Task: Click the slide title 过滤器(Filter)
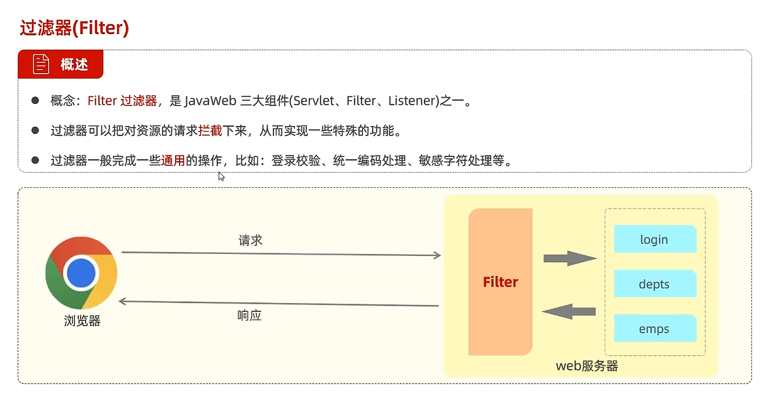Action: tap(74, 28)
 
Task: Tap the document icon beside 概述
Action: tap(41, 64)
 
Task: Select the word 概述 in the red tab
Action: tap(74, 64)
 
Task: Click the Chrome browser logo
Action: tap(81, 273)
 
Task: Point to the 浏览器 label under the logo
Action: tap(82, 321)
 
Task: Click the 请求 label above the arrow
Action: tap(250, 240)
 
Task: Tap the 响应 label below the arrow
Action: tap(249, 315)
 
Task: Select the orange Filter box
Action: tap(500, 282)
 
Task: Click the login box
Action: tap(654, 239)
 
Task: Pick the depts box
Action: tap(654, 284)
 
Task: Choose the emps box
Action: tap(654, 329)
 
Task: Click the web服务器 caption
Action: tap(586, 365)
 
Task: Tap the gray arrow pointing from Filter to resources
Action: tap(569, 258)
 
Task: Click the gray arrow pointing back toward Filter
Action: tap(569, 311)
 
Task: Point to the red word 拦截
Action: tap(210, 131)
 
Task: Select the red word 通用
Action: tap(173, 160)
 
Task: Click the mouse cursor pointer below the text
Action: tap(221, 176)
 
